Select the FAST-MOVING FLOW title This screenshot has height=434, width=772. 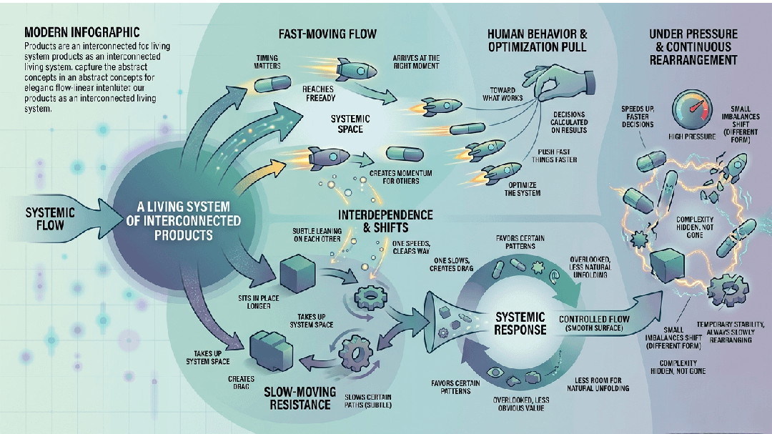coord(327,34)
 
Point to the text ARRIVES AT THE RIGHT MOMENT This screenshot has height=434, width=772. coord(416,62)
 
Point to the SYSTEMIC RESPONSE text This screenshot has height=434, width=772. coord(520,322)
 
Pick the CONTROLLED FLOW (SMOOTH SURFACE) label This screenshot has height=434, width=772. coord(593,322)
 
